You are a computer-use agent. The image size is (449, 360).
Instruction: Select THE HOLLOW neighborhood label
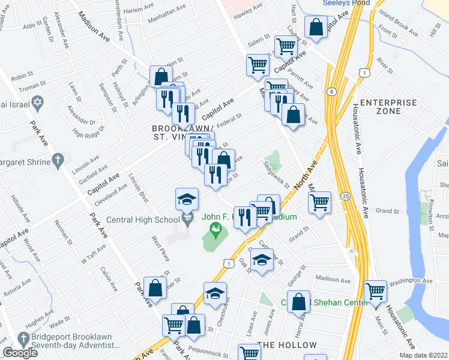point(286,346)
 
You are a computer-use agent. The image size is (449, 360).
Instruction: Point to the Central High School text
point(143,220)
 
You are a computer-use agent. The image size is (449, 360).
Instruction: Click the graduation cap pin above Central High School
point(187,199)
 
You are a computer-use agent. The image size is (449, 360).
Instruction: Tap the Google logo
point(20,353)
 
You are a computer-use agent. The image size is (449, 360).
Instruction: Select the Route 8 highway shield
point(331,91)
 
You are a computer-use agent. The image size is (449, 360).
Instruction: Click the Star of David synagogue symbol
point(37,103)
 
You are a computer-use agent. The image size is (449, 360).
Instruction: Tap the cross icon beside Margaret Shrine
point(58,160)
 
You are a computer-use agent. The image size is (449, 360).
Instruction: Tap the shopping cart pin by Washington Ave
point(376,292)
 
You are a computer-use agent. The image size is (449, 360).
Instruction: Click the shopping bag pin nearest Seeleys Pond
point(315,27)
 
